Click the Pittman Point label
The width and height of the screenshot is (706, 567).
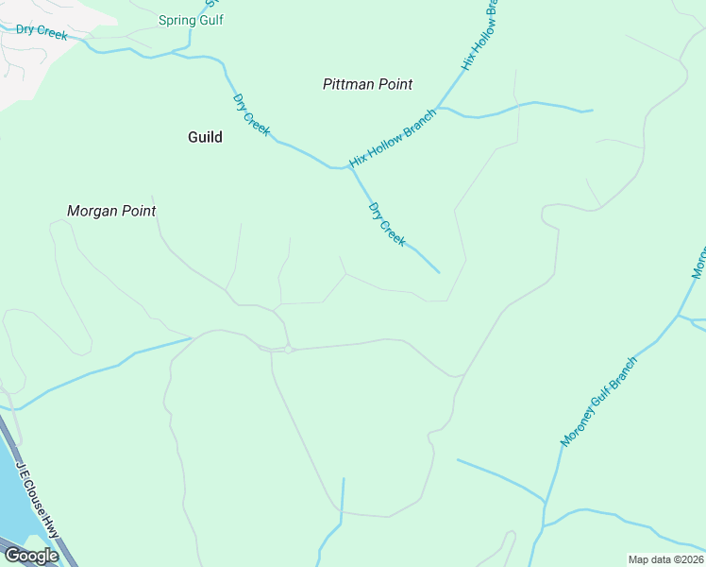pyautogui.click(x=367, y=84)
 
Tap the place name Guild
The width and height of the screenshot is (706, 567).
pyautogui.click(x=205, y=137)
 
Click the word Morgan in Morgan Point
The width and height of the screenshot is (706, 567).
pyautogui.click(x=89, y=211)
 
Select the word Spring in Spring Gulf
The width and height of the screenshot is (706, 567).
pyautogui.click(x=176, y=20)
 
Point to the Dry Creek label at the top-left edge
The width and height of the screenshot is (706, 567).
pyautogui.click(x=42, y=32)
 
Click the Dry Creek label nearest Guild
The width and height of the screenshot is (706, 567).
pyautogui.click(x=251, y=112)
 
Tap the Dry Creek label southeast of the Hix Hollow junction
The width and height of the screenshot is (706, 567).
pyautogui.click(x=387, y=225)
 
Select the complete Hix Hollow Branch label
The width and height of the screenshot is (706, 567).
pyautogui.click(x=393, y=139)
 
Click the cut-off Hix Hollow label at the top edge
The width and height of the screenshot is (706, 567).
pyautogui.click(x=479, y=37)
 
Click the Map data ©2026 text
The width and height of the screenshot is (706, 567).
pyautogui.click(x=665, y=559)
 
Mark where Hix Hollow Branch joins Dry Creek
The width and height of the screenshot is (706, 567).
pyautogui.click(x=345, y=168)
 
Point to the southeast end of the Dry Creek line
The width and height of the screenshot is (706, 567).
pyautogui.click(x=439, y=273)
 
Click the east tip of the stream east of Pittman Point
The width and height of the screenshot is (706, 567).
pyautogui.click(x=592, y=111)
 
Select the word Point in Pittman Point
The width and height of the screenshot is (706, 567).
pyautogui.click(x=395, y=84)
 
